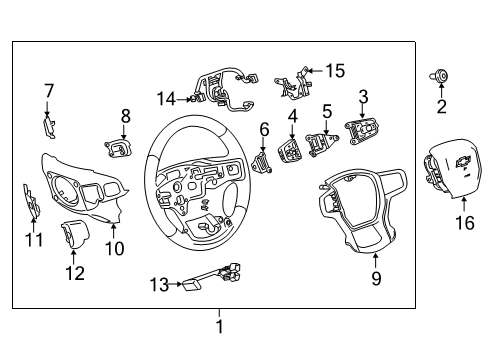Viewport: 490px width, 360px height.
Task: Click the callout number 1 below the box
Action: point(220,326)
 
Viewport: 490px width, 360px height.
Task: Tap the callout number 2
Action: point(441,106)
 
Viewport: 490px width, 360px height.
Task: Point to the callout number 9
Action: point(376,279)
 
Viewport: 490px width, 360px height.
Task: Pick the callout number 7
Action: point(48,92)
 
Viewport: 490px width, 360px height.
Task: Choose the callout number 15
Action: point(335,71)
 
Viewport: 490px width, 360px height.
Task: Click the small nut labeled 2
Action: point(440,76)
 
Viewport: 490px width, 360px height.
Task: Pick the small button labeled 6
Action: point(263,163)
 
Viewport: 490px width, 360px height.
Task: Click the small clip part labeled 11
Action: point(31,202)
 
